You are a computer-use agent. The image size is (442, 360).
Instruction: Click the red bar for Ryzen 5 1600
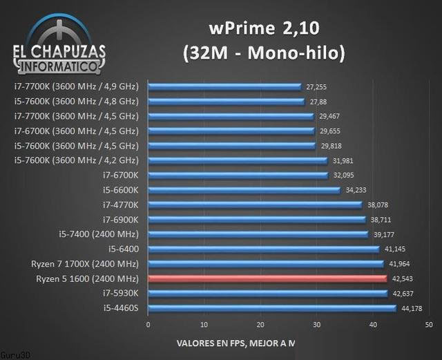pos(267,279)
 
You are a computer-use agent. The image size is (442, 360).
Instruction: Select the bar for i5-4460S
pos(272,307)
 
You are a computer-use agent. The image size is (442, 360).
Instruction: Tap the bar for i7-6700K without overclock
pos(238,175)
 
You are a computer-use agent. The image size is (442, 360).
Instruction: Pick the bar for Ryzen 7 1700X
pos(266,264)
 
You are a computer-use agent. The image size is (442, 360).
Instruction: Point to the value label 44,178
pos(413,308)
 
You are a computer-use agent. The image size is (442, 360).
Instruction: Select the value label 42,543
pos(405,279)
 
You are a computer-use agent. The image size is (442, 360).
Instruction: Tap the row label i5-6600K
pos(122,189)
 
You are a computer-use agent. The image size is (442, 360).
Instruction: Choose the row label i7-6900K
pos(121,219)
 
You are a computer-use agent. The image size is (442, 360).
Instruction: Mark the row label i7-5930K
pos(122,294)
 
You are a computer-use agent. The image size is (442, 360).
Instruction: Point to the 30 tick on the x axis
pos(316,323)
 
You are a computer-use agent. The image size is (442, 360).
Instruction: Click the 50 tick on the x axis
pos(429,323)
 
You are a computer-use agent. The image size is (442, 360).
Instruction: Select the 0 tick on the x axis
pos(148,323)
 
